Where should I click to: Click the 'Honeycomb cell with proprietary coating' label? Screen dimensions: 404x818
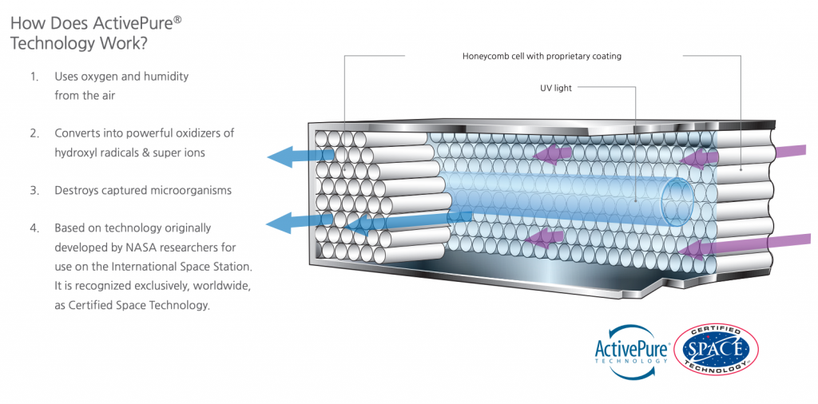(542, 57)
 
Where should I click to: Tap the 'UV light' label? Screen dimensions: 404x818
(556, 88)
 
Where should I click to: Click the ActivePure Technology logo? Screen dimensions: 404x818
(630, 350)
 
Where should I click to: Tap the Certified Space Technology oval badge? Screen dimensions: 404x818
(716, 349)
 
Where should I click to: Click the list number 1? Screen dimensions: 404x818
(34, 77)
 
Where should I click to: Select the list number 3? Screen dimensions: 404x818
(34, 191)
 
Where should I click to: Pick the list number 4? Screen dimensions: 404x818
(34, 228)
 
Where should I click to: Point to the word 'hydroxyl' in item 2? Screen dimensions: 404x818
(77, 152)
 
